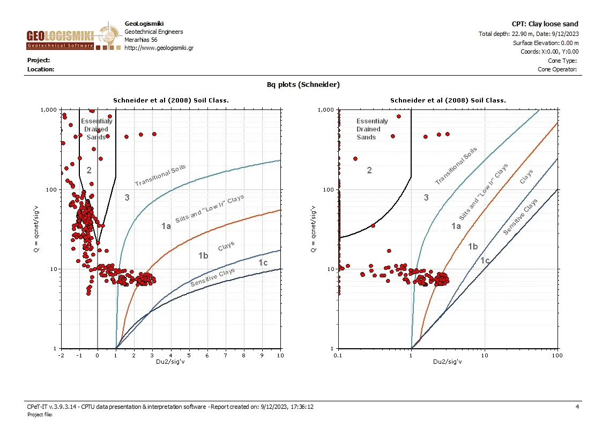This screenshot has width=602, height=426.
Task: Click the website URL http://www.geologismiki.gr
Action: pos(159,48)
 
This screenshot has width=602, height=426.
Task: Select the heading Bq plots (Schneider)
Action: pos(303,84)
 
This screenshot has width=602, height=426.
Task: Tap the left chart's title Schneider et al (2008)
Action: pos(171,100)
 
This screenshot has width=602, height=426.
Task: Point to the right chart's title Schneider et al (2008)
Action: pos(448,100)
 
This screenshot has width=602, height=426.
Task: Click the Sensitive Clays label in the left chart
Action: pos(213,278)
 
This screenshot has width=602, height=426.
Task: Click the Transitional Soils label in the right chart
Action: pos(456,166)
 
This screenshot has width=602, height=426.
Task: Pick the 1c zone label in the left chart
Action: pos(263,262)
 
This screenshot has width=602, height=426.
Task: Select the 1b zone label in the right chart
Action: pos(473,246)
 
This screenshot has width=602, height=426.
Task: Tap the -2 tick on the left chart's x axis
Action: pos(61,356)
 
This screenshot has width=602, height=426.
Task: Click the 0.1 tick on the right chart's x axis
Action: pos(338,356)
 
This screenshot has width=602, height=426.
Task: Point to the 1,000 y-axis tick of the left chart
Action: pos(49,110)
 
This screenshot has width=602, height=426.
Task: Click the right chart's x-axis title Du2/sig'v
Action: pos(448,362)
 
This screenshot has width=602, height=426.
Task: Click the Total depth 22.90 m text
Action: pos(528,34)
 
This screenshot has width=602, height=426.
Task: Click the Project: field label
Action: pos(39,61)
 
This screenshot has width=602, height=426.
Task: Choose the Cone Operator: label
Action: pos(557,69)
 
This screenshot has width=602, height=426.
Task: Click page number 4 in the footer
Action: pos(577,407)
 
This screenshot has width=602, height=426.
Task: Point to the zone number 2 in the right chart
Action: pos(369,171)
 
